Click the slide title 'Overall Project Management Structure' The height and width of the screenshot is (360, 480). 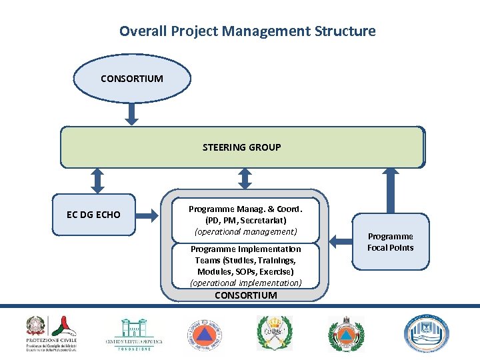[247, 31]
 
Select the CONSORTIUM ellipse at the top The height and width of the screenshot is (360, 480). [132, 79]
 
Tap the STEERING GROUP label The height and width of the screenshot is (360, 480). [241, 147]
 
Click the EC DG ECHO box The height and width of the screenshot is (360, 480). [94, 215]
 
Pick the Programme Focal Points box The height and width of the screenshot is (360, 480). [391, 242]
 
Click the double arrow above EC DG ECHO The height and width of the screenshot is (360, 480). [97, 180]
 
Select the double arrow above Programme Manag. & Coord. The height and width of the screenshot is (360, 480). [245, 178]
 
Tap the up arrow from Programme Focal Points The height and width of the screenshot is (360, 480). [391, 191]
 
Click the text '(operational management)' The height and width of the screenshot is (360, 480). [245, 231]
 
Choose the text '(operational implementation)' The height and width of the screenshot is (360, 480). [245, 283]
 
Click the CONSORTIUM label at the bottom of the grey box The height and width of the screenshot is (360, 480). [245, 295]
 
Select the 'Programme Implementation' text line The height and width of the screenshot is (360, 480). [245, 249]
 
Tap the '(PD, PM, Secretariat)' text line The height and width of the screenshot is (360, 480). [245, 220]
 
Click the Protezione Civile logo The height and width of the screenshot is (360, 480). [52, 333]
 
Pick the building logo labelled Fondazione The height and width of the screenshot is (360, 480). [134, 333]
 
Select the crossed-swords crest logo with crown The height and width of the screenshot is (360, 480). [275, 333]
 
